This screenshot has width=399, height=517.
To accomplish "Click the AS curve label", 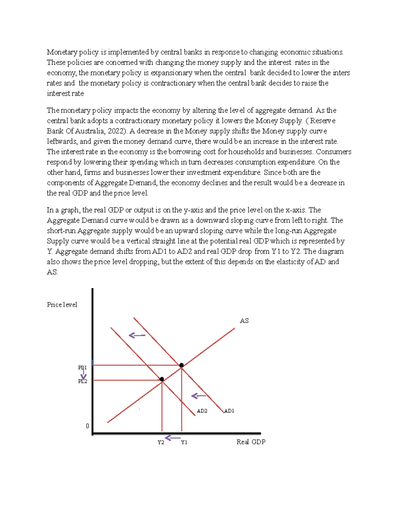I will [x=244, y=321].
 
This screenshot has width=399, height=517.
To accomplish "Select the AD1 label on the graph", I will [x=229, y=411].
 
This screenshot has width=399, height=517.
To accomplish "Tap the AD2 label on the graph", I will [x=202, y=411].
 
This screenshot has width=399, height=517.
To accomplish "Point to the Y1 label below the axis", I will [x=184, y=442].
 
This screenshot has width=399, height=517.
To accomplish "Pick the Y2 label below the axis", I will [x=161, y=442].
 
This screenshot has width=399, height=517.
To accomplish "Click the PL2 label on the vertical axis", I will [x=82, y=382].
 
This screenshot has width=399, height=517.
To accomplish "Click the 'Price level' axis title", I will [x=62, y=305].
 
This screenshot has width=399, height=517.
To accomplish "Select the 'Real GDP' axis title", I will [x=251, y=442].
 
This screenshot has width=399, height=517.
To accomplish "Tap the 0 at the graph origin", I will [x=87, y=426].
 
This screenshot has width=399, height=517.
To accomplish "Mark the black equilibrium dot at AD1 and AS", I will [x=182, y=365].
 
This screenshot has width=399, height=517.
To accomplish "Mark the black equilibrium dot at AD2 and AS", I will [x=162, y=379].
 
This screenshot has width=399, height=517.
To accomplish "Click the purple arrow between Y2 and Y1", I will [x=173, y=438].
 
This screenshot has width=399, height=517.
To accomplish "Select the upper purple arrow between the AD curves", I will [x=137, y=335].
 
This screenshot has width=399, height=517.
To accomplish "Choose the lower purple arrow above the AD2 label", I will [x=199, y=396].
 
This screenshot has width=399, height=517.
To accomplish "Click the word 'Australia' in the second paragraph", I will [x=90, y=131].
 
